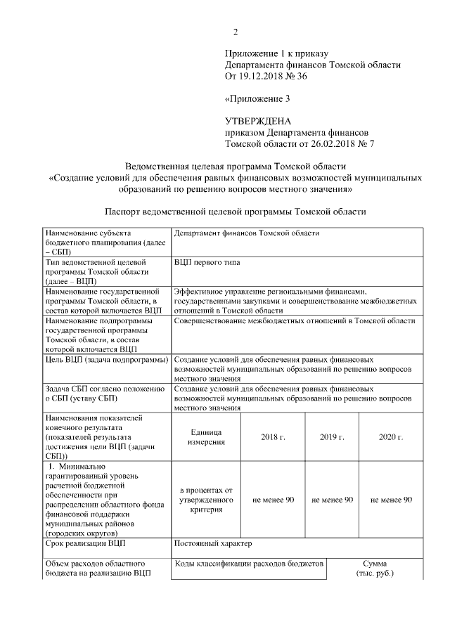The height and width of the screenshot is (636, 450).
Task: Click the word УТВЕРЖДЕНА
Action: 257,121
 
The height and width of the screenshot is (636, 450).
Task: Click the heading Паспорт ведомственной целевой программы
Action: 235,211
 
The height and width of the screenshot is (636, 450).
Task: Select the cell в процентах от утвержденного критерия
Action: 206,499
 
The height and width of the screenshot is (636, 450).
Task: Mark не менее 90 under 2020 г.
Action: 390,499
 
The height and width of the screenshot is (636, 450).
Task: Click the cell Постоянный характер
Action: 212,544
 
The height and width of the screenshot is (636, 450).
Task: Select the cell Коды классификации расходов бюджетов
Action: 248,564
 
